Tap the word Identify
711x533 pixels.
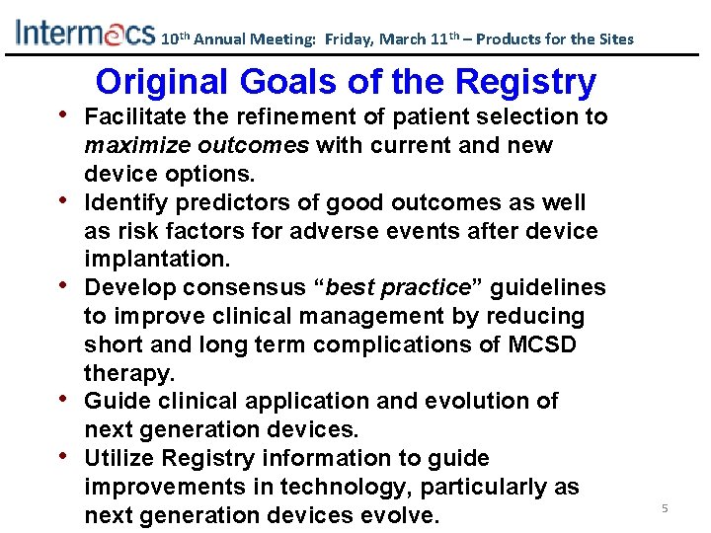pyautogui.click(x=120, y=203)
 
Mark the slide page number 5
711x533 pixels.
pyautogui.click(x=665, y=508)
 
